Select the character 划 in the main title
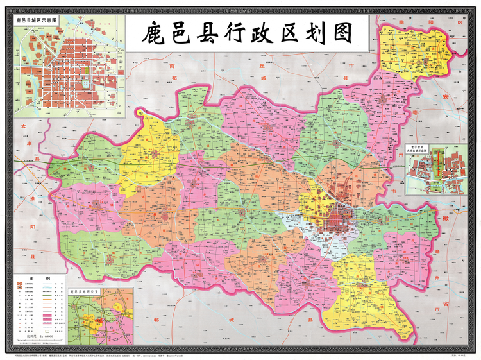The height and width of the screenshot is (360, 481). point(310,33)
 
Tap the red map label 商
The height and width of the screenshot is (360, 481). point(171,65)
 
